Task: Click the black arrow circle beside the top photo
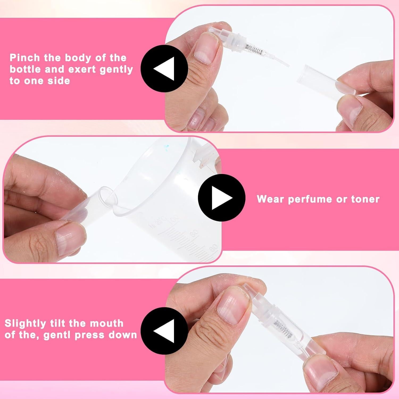[164, 69]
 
